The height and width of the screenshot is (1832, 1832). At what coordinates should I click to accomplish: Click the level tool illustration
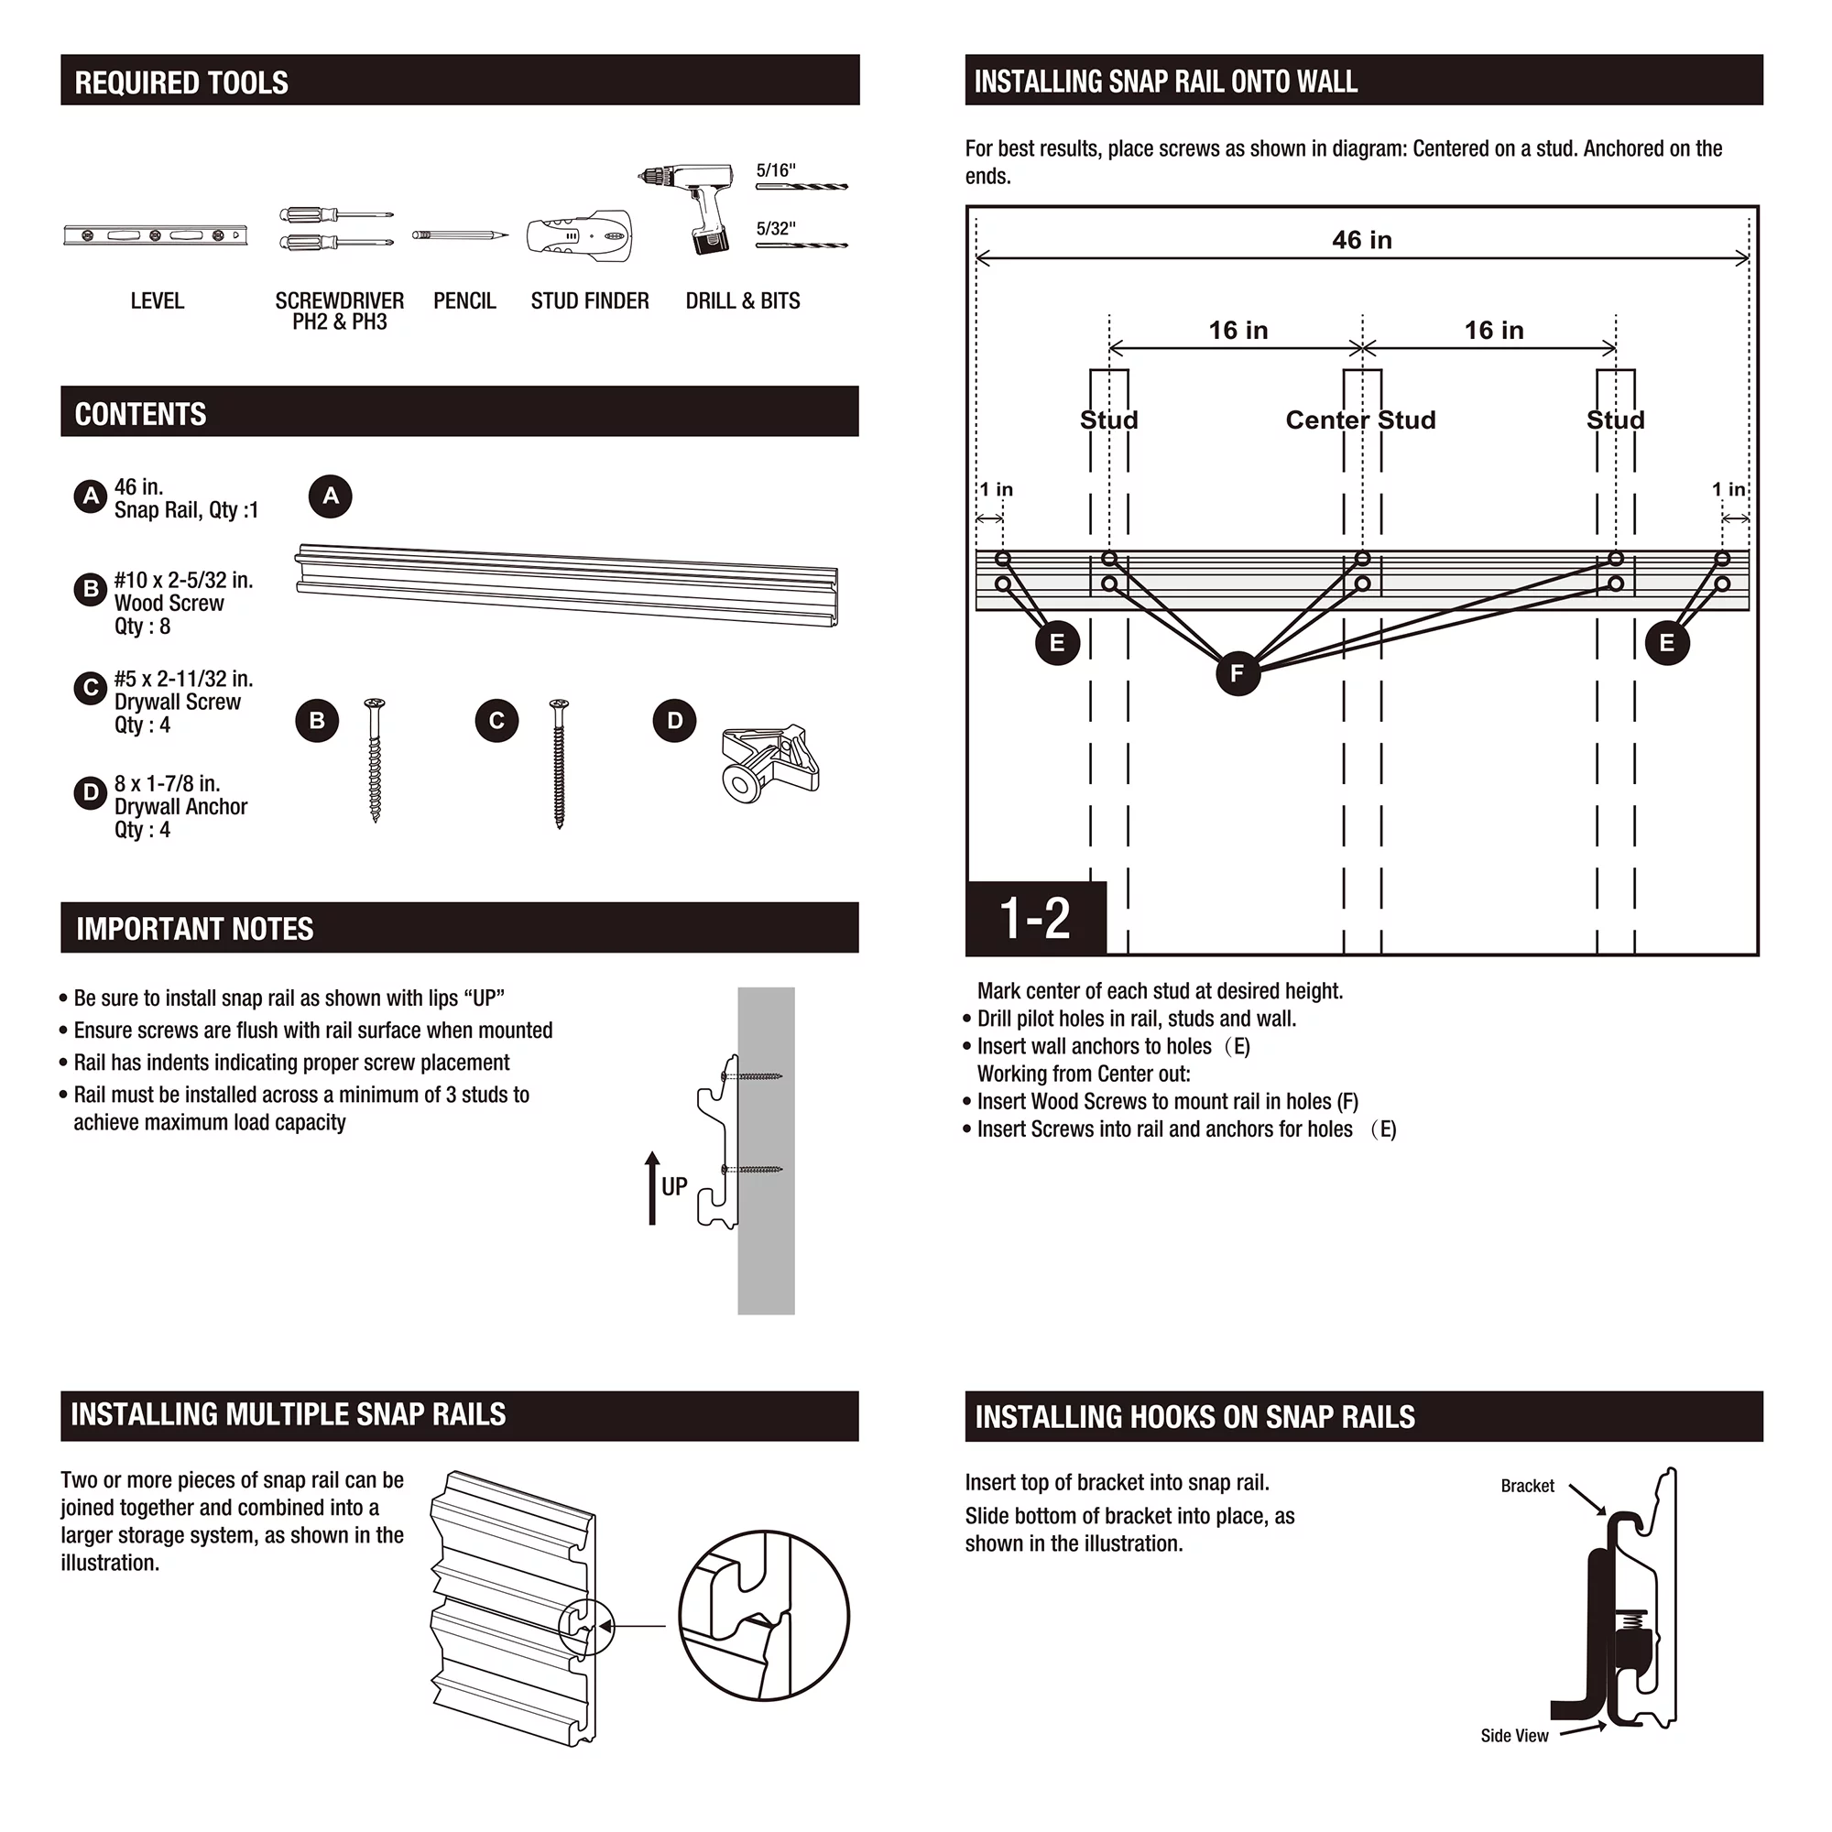(156, 235)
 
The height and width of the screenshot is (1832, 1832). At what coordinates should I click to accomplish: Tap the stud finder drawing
(580, 236)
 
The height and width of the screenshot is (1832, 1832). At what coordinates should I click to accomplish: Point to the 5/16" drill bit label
(776, 170)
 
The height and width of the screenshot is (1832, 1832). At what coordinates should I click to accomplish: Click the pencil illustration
(460, 234)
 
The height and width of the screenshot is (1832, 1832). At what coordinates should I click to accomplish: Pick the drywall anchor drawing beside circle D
(770, 761)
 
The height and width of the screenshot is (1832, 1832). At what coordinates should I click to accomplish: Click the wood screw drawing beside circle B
(376, 759)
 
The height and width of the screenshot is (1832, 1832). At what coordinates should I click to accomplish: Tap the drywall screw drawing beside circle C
(559, 762)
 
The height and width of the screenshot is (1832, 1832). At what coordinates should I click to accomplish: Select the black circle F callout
(1238, 673)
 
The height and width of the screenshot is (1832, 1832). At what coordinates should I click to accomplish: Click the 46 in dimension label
(1362, 240)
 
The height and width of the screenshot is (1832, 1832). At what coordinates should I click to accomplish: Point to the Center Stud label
(1359, 420)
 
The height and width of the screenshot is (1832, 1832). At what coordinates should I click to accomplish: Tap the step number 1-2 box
(1035, 918)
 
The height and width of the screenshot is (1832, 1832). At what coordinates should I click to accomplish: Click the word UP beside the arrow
(674, 1186)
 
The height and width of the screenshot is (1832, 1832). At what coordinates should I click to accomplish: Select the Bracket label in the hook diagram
(1527, 1486)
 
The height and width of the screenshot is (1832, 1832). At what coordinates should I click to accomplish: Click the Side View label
(1514, 1735)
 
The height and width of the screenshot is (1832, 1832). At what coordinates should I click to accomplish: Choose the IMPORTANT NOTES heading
(194, 928)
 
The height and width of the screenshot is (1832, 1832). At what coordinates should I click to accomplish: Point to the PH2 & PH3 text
(340, 322)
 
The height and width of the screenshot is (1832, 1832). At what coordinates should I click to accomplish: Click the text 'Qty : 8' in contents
(142, 627)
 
